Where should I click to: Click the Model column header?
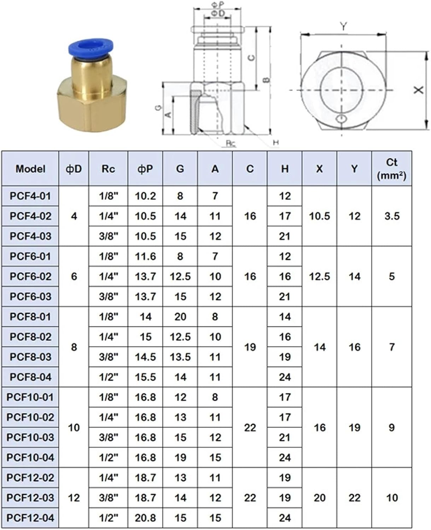click(30, 169)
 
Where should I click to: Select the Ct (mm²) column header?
click(391, 169)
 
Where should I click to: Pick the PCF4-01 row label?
click(30, 196)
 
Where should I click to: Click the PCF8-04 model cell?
click(30, 377)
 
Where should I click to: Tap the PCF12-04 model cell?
click(30, 518)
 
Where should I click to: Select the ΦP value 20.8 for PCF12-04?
click(145, 518)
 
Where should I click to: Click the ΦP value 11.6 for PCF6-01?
click(145, 256)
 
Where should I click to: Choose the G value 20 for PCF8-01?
click(180, 317)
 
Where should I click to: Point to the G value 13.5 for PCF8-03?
click(180, 357)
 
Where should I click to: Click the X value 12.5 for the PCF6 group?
click(319, 276)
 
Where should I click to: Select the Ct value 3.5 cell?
click(391, 216)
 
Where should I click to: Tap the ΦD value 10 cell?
click(74, 428)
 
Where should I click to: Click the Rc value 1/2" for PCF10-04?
click(108, 458)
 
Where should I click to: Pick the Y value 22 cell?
click(354, 498)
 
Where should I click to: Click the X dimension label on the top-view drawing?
click(419, 90)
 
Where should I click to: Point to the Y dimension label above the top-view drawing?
click(343, 26)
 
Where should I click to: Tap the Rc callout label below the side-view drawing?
click(231, 143)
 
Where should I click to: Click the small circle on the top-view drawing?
click(342, 118)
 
